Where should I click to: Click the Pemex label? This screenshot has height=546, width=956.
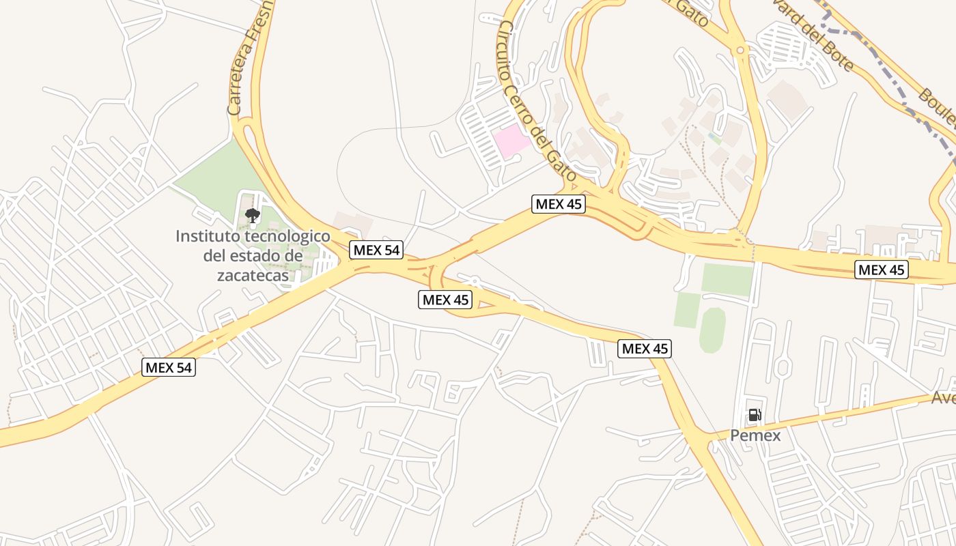pyautogui.click(x=755, y=435)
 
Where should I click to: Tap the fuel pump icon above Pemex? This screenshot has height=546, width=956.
pyautogui.click(x=755, y=414)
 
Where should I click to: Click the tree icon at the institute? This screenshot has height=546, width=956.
pyautogui.click(x=253, y=216)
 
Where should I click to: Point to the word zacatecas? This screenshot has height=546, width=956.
pyautogui.click(x=253, y=275)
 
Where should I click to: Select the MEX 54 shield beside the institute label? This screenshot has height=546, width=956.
pyautogui.click(x=376, y=250)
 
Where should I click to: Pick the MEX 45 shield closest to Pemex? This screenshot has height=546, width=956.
pyautogui.click(x=645, y=349)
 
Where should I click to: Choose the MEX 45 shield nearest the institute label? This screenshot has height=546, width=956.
pyautogui.click(x=445, y=299)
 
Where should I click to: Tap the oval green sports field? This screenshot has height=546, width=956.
pyautogui.click(x=712, y=330)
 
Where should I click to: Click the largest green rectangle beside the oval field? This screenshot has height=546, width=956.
pyautogui.click(x=727, y=279)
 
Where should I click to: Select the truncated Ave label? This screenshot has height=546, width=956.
pyautogui.click(x=943, y=398)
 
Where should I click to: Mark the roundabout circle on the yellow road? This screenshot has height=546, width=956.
pyautogui.click(x=740, y=50)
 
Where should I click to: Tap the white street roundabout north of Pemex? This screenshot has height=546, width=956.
pyautogui.click(x=783, y=369)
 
